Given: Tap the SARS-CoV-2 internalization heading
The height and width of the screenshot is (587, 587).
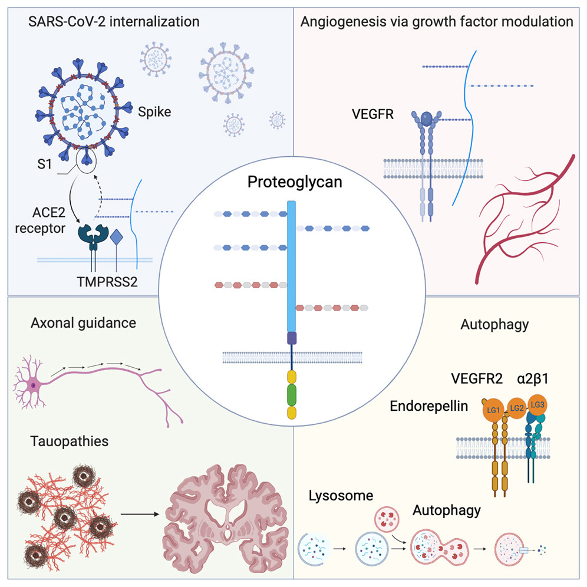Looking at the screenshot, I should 113,22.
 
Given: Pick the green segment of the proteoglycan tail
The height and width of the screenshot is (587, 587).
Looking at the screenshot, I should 291,393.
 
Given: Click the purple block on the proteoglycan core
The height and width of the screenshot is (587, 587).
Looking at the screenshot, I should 291,338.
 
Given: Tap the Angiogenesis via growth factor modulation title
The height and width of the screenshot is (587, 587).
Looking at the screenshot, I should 437,22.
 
